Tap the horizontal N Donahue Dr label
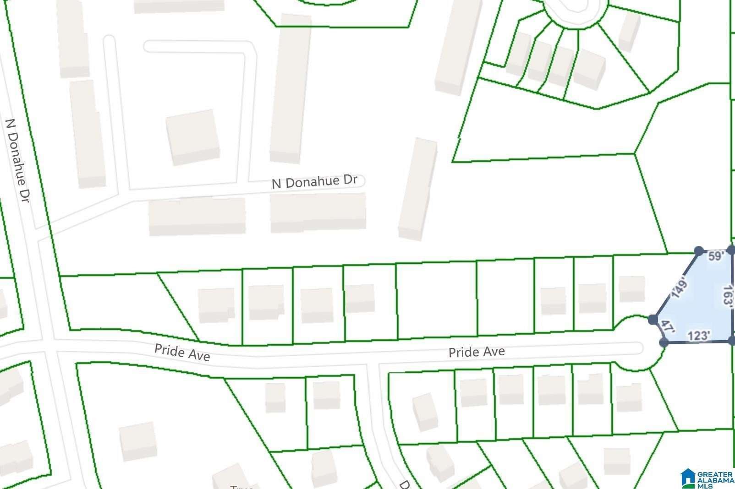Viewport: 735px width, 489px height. (314, 181)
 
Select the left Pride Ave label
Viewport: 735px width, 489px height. (182, 352)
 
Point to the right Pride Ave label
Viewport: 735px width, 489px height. (477, 352)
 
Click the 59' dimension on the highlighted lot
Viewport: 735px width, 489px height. (716, 256)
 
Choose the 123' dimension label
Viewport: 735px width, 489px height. (699, 337)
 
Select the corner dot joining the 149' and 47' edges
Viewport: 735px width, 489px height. (653, 319)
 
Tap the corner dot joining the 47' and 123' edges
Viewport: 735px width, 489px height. (663, 342)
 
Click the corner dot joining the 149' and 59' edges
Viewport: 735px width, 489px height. (699, 250)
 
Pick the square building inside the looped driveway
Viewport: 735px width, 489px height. (192, 137)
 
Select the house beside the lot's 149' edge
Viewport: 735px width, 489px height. (631, 288)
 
